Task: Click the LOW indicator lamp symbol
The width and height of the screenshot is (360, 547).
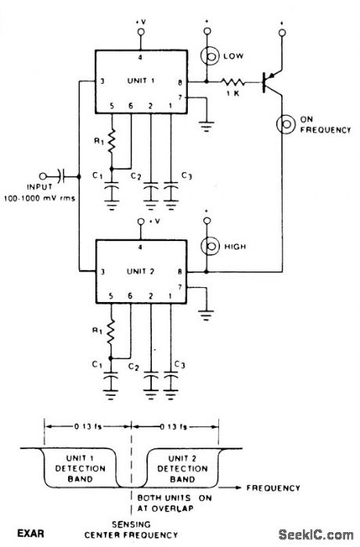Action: [209, 56]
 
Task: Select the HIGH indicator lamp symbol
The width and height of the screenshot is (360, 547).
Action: [210, 247]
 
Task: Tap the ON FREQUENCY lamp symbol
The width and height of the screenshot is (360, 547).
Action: [286, 124]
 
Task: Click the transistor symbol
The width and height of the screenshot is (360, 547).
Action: [272, 83]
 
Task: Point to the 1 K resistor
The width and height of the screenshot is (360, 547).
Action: [232, 82]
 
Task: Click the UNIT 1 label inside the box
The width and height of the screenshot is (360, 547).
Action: [141, 81]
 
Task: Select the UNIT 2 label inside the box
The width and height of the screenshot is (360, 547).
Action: [141, 271]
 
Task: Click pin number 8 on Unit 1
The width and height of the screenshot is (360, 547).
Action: [180, 83]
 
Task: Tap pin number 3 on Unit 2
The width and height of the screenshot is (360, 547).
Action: [103, 272]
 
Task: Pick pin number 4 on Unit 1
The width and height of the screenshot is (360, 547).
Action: [140, 58]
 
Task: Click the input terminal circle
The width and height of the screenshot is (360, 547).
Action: [43, 176]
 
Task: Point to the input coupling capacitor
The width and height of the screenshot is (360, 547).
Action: [61, 176]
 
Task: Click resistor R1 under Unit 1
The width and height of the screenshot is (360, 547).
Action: [112, 142]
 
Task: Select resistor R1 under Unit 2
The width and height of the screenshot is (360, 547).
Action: [111, 332]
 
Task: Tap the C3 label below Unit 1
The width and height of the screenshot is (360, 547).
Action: [186, 177]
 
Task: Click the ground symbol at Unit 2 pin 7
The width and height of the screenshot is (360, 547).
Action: [207, 315]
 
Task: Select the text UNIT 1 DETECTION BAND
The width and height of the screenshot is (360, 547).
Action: [81, 469]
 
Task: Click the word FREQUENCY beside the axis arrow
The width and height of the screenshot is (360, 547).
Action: [273, 488]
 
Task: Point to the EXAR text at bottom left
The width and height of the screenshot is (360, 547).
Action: [31, 534]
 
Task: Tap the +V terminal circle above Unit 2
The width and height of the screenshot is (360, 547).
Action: [141, 222]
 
